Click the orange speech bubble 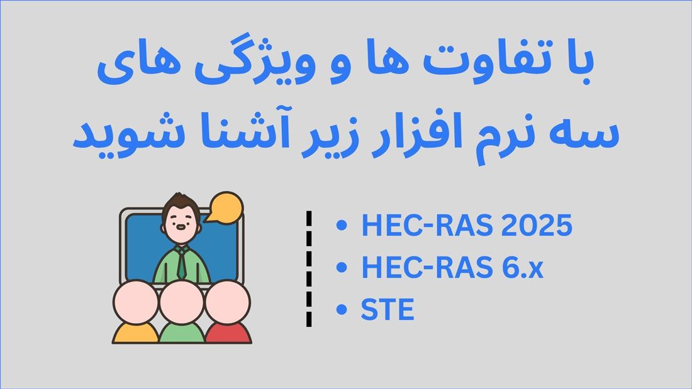click(225, 207)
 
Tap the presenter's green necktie click(181, 263)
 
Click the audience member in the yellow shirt click(135, 312)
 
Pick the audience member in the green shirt click(181, 312)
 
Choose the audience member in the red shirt click(228, 312)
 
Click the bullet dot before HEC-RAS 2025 click(342, 225)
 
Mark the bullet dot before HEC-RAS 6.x click(342, 267)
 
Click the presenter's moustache click(181, 227)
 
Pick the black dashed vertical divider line click(309, 268)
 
